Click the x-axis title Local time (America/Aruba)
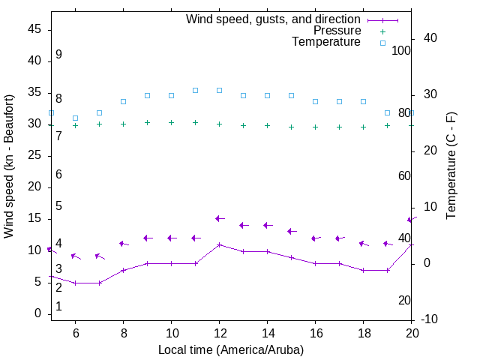tap(231, 349)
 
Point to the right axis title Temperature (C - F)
tap(451, 166)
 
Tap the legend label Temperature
tap(326, 42)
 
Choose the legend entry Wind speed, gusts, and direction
tap(273, 19)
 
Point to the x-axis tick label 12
tap(219, 333)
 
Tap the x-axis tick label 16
tap(315, 333)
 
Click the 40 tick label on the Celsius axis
tap(430, 38)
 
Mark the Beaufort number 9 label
tap(58, 55)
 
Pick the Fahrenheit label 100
tap(401, 50)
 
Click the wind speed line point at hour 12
tap(219, 244)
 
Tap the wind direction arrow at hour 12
tap(219, 218)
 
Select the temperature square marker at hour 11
tap(195, 90)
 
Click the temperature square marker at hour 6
tap(75, 118)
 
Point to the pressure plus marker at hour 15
tap(291, 127)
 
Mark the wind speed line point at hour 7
tap(99, 283)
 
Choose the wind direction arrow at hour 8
tap(123, 244)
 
